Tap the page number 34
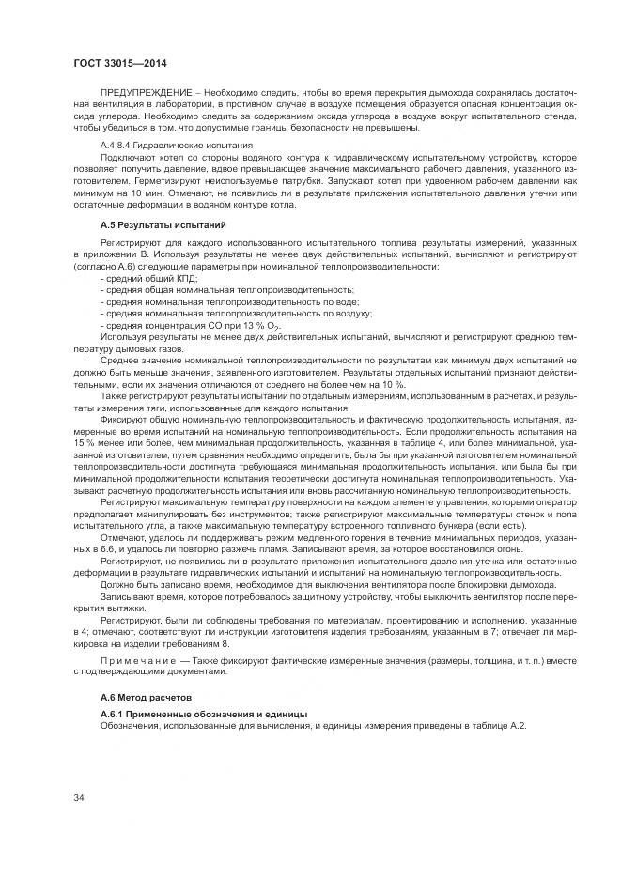[x=80, y=797]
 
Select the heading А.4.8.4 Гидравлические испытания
[x=177, y=146]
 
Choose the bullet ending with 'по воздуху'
[x=236, y=313]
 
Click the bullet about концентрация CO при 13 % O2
[x=192, y=325]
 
